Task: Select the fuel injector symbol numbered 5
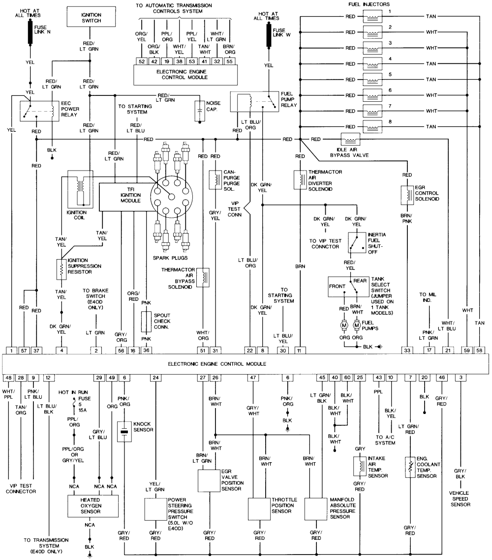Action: [372, 79]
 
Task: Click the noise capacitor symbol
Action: [200, 111]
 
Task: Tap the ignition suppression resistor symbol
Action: [61, 268]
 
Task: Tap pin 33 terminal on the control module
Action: [407, 350]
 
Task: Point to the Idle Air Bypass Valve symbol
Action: [350, 140]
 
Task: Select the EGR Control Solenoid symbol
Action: [407, 195]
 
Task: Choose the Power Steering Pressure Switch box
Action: [156, 511]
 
